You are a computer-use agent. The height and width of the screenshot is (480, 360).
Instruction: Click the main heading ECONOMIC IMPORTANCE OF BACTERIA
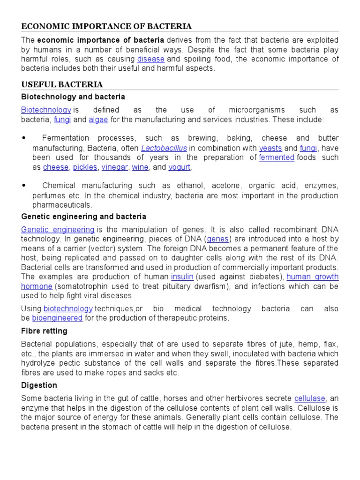[x=106, y=26]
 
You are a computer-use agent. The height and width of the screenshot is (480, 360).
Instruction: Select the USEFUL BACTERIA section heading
[x=62, y=84]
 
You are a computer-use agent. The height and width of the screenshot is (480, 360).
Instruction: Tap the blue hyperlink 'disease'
[x=150, y=59]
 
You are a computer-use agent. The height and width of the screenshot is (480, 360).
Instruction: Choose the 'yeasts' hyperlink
[x=270, y=148]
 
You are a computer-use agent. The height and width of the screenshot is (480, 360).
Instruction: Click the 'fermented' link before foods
[x=276, y=157]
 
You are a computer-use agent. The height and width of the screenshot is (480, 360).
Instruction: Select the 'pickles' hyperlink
[x=85, y=167]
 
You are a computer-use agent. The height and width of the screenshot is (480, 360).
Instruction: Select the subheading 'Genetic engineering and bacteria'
[x=84, y=217]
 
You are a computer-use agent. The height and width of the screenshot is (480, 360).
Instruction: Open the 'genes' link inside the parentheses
[x=217, y=239]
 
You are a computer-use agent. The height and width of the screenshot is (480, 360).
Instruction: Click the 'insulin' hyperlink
[x=182, y=277]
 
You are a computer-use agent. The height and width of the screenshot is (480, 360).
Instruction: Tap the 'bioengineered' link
[x=57, y=318]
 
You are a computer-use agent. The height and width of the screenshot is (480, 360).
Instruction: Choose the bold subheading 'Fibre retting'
[x=44, y=331]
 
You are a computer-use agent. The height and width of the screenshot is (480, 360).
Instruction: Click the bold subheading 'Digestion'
[x=39, y=385]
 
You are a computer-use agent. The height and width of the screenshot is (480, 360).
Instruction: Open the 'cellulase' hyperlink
[x=309, y=398]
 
